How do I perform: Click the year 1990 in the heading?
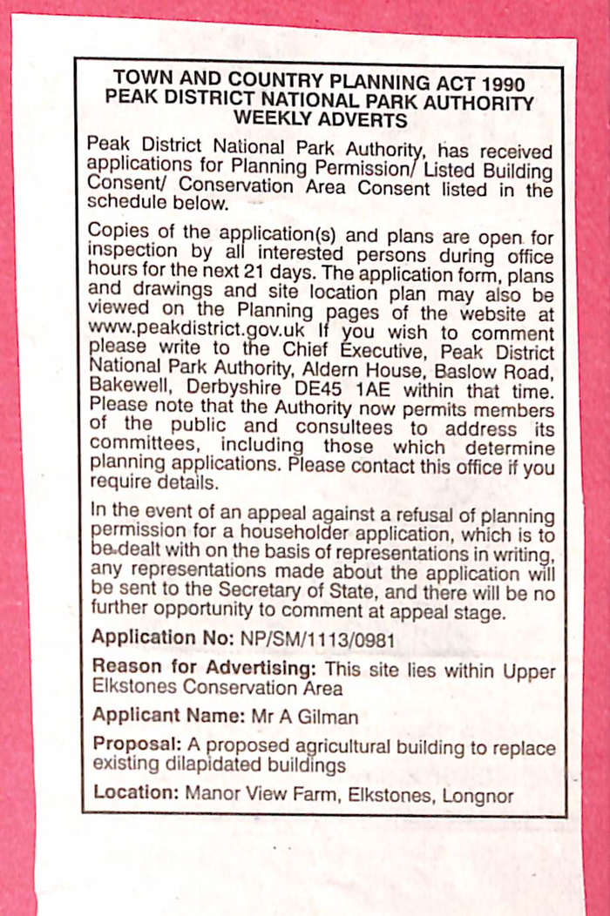point(500,84)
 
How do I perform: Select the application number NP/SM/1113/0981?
point(316,638)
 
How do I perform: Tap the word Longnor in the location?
point(478,795)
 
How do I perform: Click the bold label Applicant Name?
point(162,717)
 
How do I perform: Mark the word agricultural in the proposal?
point(344,748)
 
